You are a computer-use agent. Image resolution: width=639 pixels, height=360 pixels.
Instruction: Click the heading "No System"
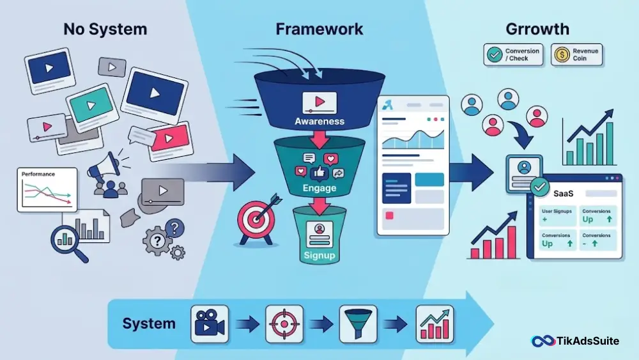(105, 29)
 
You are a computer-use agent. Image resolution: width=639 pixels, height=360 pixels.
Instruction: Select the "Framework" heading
(319, 29)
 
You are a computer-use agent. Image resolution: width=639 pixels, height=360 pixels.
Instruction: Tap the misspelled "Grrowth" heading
(537, 29)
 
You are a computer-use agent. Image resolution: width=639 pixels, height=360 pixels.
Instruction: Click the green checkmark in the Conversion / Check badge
(495, 54)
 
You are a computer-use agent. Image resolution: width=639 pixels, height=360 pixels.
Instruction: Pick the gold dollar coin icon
(562, 54)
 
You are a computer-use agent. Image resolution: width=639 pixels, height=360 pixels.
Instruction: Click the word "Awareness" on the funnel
(319, 121)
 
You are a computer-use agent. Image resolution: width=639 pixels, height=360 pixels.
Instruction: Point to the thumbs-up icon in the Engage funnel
(319, 173)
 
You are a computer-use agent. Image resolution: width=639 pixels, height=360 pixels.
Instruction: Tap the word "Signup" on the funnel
(319, 256)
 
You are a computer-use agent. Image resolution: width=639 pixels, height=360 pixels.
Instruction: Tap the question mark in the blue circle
(175, 228)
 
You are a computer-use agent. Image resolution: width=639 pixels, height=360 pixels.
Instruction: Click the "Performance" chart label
(38, 174)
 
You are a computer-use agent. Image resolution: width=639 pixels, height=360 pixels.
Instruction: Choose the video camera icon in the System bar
(210, 324)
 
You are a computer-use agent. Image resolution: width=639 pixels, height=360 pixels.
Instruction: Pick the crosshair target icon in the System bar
(284, 324)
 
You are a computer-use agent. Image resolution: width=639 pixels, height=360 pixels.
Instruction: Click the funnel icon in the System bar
(358, 324)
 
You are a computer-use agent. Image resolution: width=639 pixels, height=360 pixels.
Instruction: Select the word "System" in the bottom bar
(149, 324)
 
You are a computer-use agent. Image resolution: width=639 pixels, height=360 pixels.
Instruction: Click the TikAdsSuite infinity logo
(543, 341)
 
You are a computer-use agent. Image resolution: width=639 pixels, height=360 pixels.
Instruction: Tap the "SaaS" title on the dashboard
(563, 194)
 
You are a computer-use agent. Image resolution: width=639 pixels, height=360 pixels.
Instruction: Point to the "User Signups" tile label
(557, 211)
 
